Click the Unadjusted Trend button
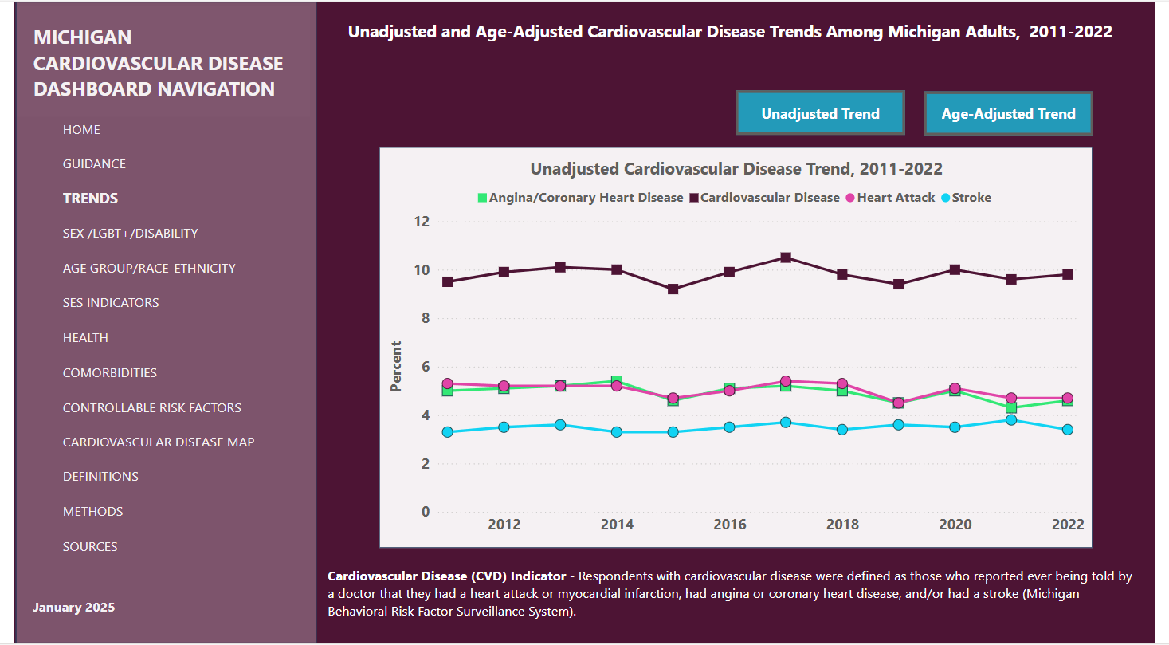tap(820, 113)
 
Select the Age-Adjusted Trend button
tap(1008, 113)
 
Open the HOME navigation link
tap(81, 129)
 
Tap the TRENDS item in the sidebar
tap(90, 199)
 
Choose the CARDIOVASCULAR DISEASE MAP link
tap(159, 442)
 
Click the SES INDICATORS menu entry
tap(111, 303)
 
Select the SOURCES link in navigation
tap(90, 546)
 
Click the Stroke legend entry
tap(971, 198)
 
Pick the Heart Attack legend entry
tap(895, 198)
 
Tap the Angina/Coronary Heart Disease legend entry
tap(585, 198)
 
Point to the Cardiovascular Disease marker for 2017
tap(786, 258)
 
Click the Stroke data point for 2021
tap(1011, 419)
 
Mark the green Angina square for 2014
tap(617, 381)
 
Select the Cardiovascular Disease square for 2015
tap(673, 289)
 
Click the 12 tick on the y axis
tap(421, 222)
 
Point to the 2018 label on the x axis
tap(842, 524)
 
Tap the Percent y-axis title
tap(396, 367)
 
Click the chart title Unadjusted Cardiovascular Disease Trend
tap(736, 169)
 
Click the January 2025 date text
tap(73, 608)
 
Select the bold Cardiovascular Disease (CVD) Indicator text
tap(446, 576)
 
